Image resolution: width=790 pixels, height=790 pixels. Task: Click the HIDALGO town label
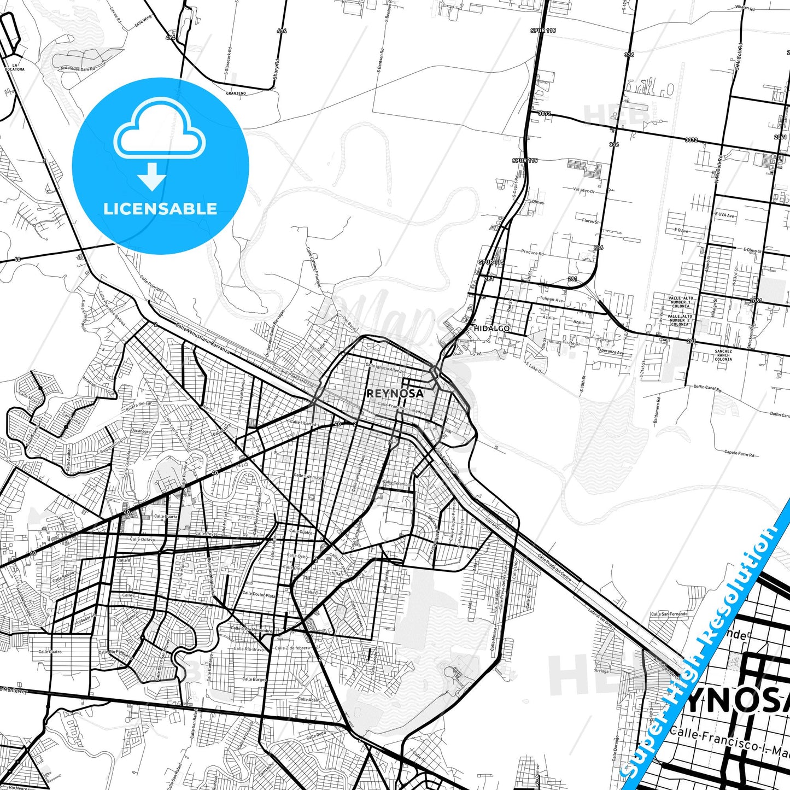coord(491,329)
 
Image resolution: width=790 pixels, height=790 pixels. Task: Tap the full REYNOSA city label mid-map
coord(395,393)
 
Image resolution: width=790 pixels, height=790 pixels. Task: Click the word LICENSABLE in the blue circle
coord(160,209)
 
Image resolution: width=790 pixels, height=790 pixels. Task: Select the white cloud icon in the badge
coord(160,133)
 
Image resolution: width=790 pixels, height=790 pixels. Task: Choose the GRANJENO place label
coord(236,93)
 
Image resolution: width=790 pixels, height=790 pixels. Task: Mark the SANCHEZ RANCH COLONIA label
coord(723,355)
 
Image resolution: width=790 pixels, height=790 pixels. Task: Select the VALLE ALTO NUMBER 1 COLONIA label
coord(680,302)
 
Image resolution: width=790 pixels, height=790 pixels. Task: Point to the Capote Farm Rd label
coord(739,453)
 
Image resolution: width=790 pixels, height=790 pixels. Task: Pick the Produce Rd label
coord(532,253)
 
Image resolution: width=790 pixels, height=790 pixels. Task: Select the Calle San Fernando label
coord(669,614)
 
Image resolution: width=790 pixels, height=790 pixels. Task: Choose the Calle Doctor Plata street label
coord(259,594)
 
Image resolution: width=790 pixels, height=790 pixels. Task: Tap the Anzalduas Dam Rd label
coord(78,69)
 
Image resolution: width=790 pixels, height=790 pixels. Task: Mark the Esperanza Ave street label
coord(610,352)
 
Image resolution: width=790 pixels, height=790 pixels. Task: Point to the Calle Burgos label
coord(254,679)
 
